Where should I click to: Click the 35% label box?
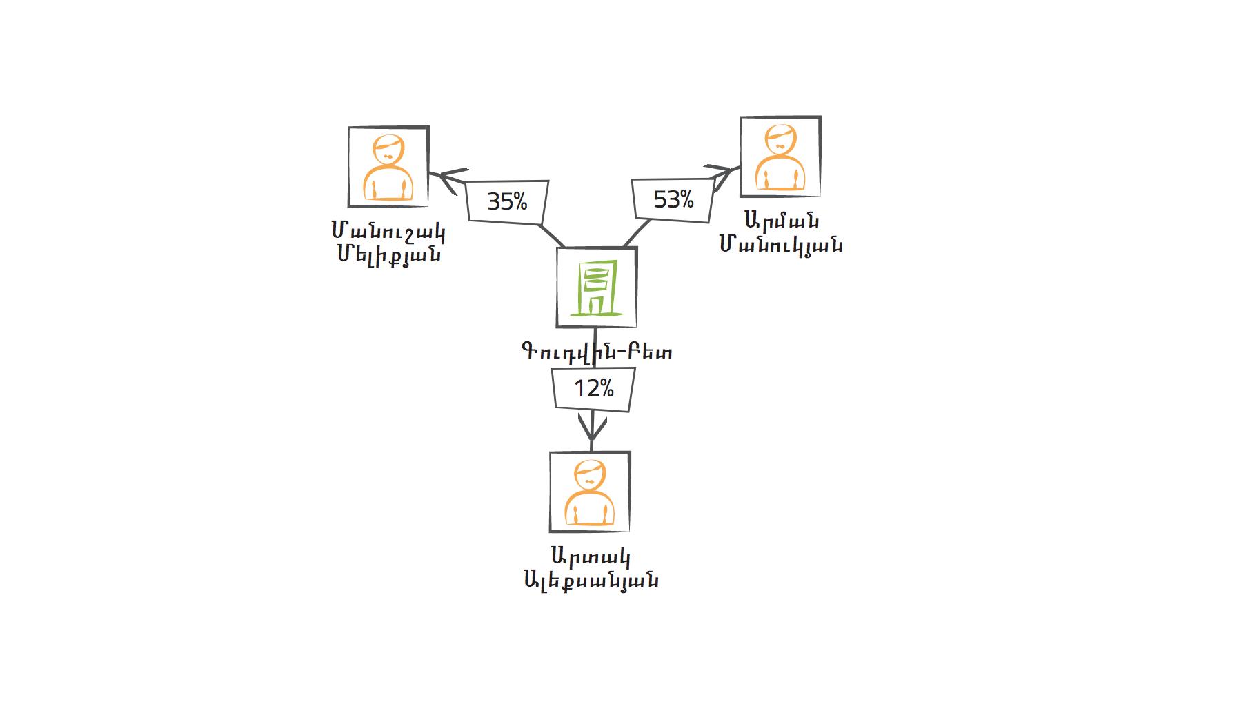click(x=508, y=202)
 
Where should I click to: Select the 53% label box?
click(x=673, y=200)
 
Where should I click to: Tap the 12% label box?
click(x=593, y=390)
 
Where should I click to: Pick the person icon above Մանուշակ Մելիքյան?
click(x=388, y=167)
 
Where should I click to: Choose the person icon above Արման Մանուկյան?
click(x=780, y=157)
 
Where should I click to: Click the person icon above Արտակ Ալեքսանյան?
click(x=590, y=492)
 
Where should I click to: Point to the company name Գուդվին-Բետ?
click(x=597, y=352)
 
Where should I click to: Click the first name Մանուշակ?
click(x=388, y=233)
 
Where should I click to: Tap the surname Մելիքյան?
click(x=389, y=255)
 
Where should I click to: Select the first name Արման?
click(x=782, y=222)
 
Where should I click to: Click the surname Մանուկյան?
click(x=781, y=245)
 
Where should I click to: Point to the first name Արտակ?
click(x=591, y=557)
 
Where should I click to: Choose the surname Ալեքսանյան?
click(x=591, y=580)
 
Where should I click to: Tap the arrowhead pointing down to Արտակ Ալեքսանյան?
click(x=591, y=428)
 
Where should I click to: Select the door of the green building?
click(x=595, y=304)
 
